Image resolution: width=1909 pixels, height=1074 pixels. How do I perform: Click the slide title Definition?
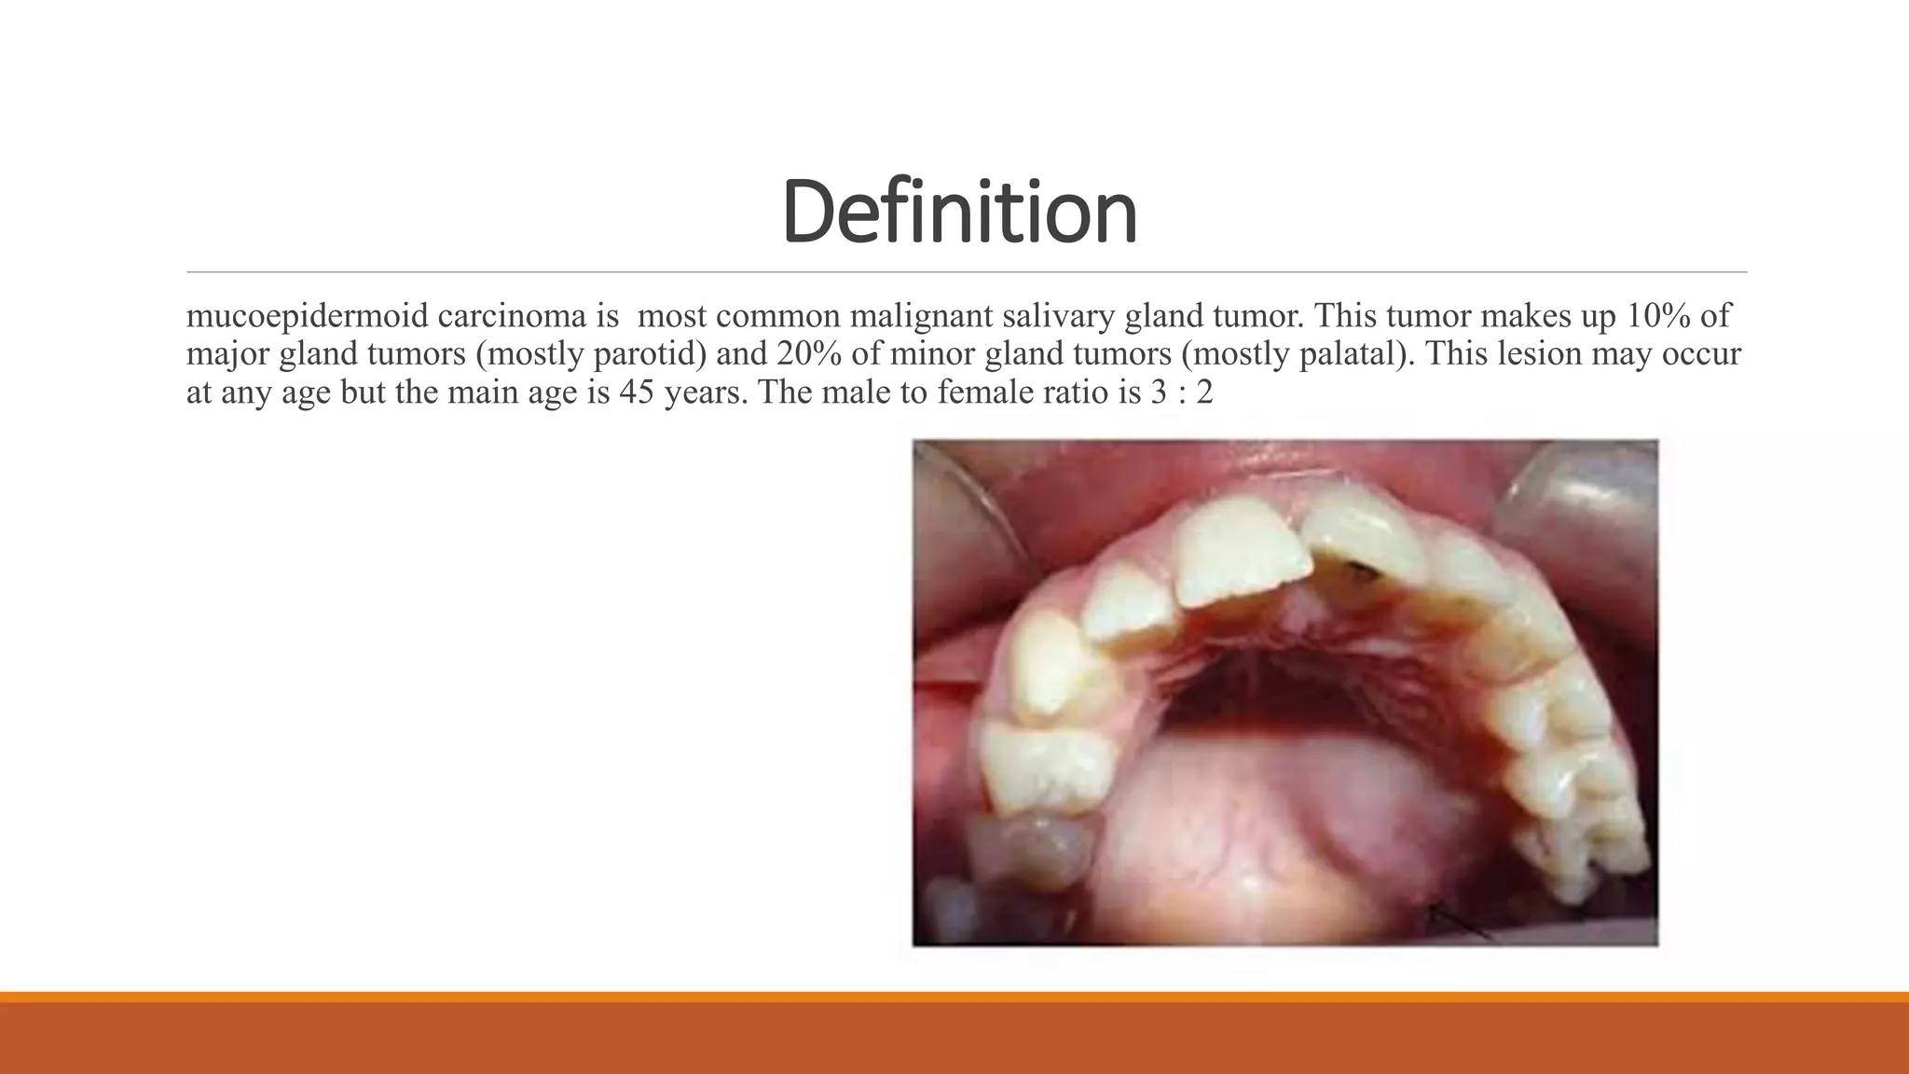959,213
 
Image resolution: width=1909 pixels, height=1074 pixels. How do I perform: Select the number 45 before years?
637,392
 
